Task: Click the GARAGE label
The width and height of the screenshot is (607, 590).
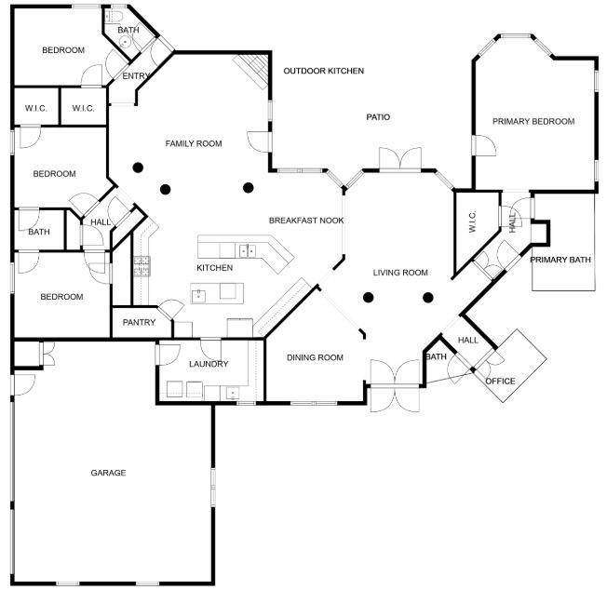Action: point(108,473)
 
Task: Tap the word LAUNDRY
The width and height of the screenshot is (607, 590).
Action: point(208,364)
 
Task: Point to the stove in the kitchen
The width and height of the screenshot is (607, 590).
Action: point(142,267)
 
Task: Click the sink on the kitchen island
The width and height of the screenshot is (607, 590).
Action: point(198,295)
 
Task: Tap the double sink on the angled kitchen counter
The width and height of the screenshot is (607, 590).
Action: point(246,250)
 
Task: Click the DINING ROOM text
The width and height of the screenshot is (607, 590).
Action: point(315,357)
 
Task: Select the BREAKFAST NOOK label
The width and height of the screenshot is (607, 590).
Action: point(306,221)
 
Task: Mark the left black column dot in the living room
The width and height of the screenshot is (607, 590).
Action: point(369,298)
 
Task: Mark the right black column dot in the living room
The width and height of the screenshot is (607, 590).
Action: point(428,298)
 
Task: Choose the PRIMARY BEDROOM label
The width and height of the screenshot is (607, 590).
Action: point(533,121)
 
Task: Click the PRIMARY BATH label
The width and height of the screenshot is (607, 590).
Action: point(560,260)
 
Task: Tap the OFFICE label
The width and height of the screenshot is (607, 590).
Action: point(500,381)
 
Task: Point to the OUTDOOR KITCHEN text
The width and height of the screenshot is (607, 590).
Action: point(324,71)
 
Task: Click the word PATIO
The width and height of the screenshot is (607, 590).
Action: point(377,117)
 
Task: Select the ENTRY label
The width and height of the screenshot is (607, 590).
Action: point(136,76)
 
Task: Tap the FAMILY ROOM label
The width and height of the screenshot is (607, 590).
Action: point(194,143)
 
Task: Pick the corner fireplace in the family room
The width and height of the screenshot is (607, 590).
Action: point(251,67)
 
